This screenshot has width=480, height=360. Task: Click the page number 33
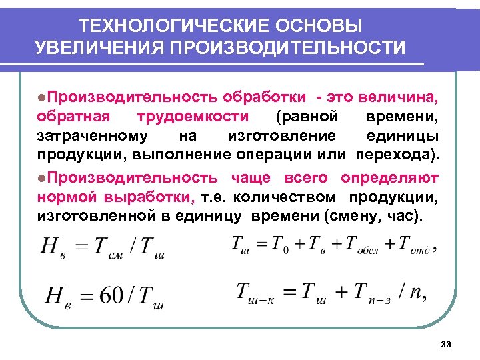click(446, 344)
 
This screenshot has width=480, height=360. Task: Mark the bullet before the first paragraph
click(41, 98)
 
